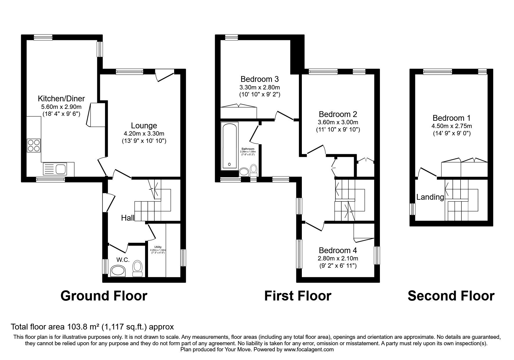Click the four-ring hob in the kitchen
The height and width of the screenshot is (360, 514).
tap(34, 145)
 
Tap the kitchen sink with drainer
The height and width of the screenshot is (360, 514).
tap(55, 169)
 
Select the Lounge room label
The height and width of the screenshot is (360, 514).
tap(144, 126)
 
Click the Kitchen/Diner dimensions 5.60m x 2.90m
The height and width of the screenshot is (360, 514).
tap(61, 107)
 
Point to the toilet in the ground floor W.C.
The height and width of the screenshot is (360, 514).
tap(137, 268)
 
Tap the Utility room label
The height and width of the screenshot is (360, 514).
tap(158, 247)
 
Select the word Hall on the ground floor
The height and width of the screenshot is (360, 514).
tap(128, 218)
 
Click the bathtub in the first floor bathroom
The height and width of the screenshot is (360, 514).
tap(229, 146)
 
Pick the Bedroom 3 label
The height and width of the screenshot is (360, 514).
tap(259, 79)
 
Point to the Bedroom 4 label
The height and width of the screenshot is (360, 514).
tap(338, 250)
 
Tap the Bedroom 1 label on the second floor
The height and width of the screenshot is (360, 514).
tap(451, 118)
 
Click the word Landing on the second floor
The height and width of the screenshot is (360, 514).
tap(430, 197)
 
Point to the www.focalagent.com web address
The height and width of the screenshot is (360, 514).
tap(309, 350)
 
